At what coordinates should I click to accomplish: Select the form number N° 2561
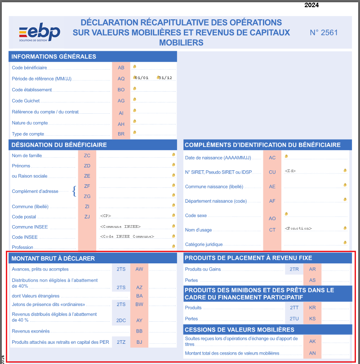324,32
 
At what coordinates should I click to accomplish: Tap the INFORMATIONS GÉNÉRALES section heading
53,57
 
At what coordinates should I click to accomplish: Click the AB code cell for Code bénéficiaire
121,67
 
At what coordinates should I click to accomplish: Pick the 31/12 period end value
165,78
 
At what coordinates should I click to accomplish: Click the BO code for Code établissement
121,90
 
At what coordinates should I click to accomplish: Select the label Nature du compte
30,123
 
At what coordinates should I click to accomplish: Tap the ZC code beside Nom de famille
87,155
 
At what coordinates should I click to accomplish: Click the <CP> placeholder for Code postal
106,216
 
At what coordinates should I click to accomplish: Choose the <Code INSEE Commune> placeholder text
127,236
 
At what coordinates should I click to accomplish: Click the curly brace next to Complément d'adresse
74,191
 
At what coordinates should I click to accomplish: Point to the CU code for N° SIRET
272,172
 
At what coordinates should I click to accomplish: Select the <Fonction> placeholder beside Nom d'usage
298,229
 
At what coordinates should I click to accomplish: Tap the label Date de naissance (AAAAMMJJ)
218,158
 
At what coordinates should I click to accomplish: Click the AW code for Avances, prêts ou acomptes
139,269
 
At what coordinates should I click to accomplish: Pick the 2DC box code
121,320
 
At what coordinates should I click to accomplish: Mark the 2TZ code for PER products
121,342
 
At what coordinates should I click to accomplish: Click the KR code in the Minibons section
312,308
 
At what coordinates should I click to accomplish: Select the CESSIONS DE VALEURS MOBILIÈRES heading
239,329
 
